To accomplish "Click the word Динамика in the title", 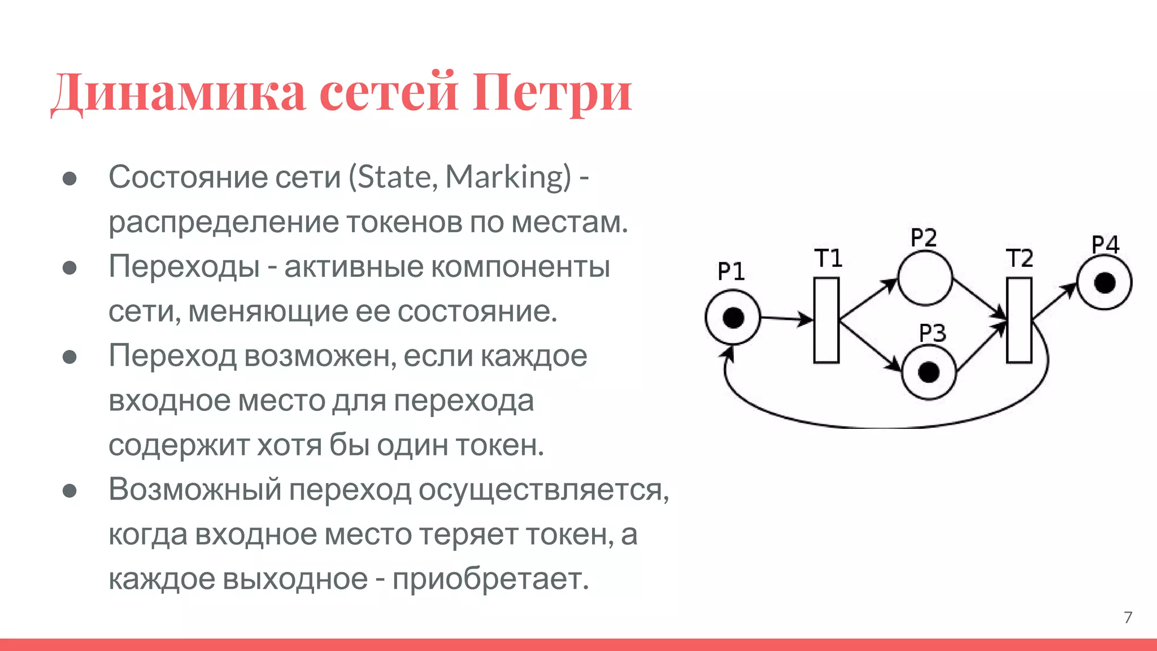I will (179, 92).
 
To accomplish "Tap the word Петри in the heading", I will (552, 92).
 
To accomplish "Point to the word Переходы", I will (184, 267).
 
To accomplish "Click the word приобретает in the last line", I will (490, 579).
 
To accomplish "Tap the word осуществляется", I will (543, 489).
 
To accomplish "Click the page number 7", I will (1128, 617).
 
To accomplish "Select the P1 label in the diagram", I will (731, 272).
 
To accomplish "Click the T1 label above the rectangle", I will (828, 258).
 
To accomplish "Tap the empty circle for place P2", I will (925, 279).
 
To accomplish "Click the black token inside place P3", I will (929, 372).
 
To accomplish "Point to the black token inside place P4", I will (1104, 282).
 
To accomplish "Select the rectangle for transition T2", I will (1019, 320).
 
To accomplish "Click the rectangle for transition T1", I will (827, 320).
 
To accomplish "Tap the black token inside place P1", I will (733, 318).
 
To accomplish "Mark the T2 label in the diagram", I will (1020, 258).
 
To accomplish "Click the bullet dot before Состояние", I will (69, 179).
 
